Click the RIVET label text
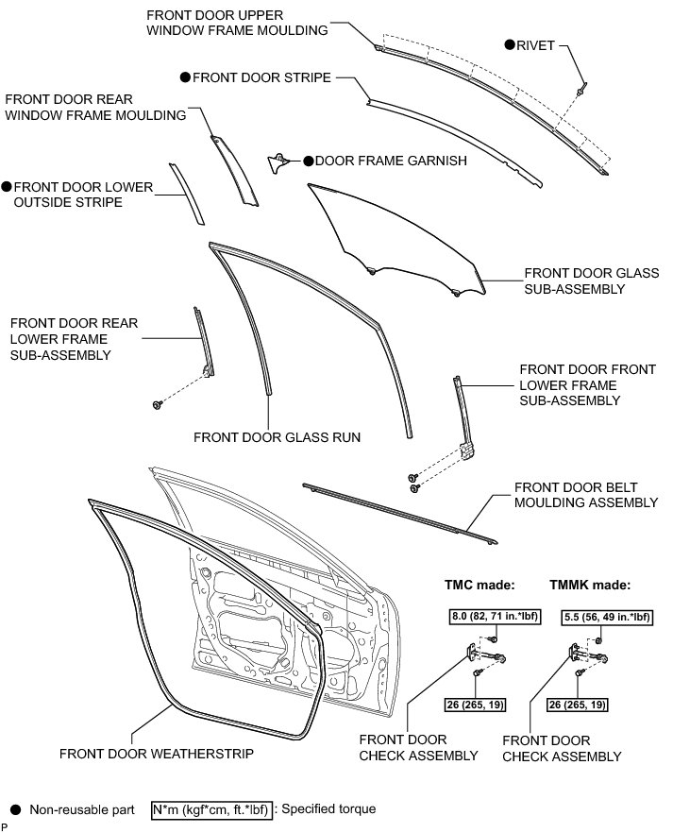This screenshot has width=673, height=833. click(536, 44)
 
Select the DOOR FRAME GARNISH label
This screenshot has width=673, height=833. click(391, 161)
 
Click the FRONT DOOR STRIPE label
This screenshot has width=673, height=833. click(261, 77)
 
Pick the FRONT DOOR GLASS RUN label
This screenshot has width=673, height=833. click(263, 437)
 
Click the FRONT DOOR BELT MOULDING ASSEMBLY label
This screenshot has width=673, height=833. click(585, 495)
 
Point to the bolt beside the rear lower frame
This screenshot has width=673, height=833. click(156, 405)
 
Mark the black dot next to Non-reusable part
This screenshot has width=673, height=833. click(14, 809)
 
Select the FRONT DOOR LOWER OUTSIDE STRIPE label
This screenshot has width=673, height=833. click(83, 195)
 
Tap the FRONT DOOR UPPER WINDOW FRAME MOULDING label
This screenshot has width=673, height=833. click(237, 23)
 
